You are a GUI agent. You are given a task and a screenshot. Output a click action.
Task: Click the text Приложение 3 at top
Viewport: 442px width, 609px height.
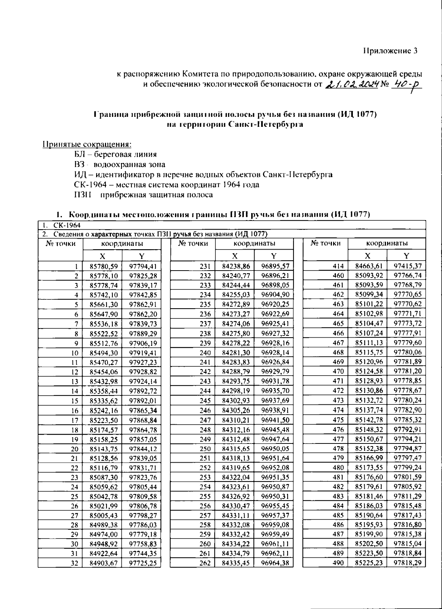pos(391,51)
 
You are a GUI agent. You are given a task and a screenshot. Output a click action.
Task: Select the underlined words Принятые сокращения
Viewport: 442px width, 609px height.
pos(87,144)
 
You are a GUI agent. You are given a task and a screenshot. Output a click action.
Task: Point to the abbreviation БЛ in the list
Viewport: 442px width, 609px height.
pos(80,154)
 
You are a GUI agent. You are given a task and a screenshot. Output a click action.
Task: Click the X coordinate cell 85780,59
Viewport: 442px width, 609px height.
pos(103,266)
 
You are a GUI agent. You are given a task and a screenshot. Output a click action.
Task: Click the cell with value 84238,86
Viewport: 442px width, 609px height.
pos(236,266)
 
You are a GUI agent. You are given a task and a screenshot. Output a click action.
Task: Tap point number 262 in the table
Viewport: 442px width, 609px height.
pos(205,563)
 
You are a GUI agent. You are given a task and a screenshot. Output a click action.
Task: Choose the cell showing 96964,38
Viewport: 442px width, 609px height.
pos(275,563)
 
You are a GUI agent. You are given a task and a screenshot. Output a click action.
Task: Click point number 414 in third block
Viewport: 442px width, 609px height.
pos(337,266)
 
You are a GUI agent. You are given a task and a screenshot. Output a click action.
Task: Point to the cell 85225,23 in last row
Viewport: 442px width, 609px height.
pos(368,563)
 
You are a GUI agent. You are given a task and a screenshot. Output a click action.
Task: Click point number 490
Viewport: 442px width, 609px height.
pos(337,563)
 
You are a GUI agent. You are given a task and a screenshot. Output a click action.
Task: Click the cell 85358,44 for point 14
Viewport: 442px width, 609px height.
pos(103,391)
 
